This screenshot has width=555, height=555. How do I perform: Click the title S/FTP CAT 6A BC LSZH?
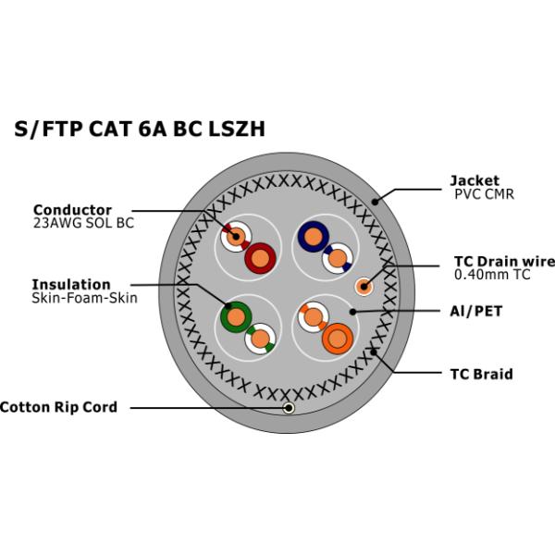click(x=140, y=129)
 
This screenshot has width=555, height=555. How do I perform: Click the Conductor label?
click(x=72, y=210)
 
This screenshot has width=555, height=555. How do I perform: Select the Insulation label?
click(x=71, y=284)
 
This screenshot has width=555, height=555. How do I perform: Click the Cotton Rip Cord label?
click(x=59, y=406)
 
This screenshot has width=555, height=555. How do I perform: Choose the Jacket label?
click(x=474, y=180)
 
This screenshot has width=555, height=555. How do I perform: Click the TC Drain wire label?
click(x=503, y=261)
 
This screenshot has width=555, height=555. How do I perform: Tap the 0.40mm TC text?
click(x=492, y=275)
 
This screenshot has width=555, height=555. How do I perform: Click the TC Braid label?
click(x=481, y=375)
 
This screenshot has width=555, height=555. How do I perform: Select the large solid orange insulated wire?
click(x=337, y=339)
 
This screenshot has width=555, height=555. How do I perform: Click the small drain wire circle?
click(x=364, y=286)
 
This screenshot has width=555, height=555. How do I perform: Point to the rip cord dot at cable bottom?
click(x=290, y=407)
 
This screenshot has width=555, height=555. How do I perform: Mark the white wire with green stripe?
click(x=260, y=339)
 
